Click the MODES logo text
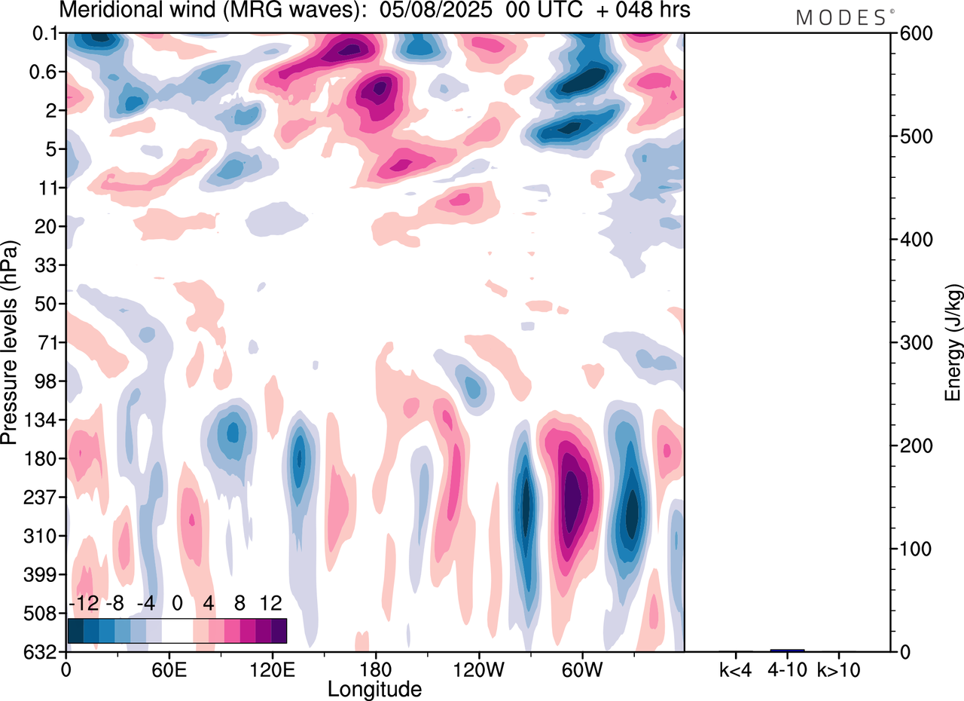coord(840,18)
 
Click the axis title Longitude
coord(374,688)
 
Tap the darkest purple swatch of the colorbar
coord(279,630)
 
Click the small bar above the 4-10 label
coord(787,650)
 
